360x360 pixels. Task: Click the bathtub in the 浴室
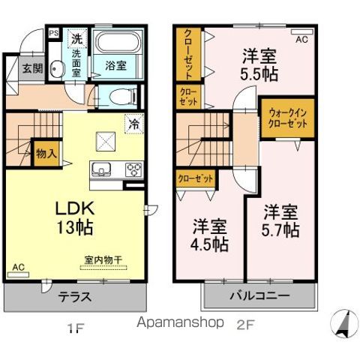coord(118,42)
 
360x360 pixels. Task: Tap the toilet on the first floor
coord(123,96)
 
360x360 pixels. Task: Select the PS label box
coord(53,33)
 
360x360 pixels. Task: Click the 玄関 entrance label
coord(32,68)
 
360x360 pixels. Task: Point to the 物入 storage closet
coord(46,153)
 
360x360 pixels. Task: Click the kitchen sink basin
coord(101,169)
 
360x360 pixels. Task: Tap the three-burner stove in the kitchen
coord(134,169)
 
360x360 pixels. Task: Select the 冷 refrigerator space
coord(134,124)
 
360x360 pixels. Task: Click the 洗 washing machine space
coord(76,38)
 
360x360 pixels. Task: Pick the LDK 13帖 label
coord(75,217)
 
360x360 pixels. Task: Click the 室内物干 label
coord(103,260)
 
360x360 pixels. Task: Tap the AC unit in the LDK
coord(18,274)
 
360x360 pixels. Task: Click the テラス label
coord(75,297)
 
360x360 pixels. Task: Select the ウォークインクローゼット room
coord(287,118)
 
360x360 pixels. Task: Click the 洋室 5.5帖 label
coord(259,65)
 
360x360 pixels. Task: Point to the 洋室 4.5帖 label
coord(209,235)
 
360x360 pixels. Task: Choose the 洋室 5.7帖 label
coord(280,220)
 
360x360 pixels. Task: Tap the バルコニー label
coord(259,296)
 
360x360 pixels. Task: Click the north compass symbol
coord(345,324)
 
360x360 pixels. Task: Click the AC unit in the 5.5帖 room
coord(302,32)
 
